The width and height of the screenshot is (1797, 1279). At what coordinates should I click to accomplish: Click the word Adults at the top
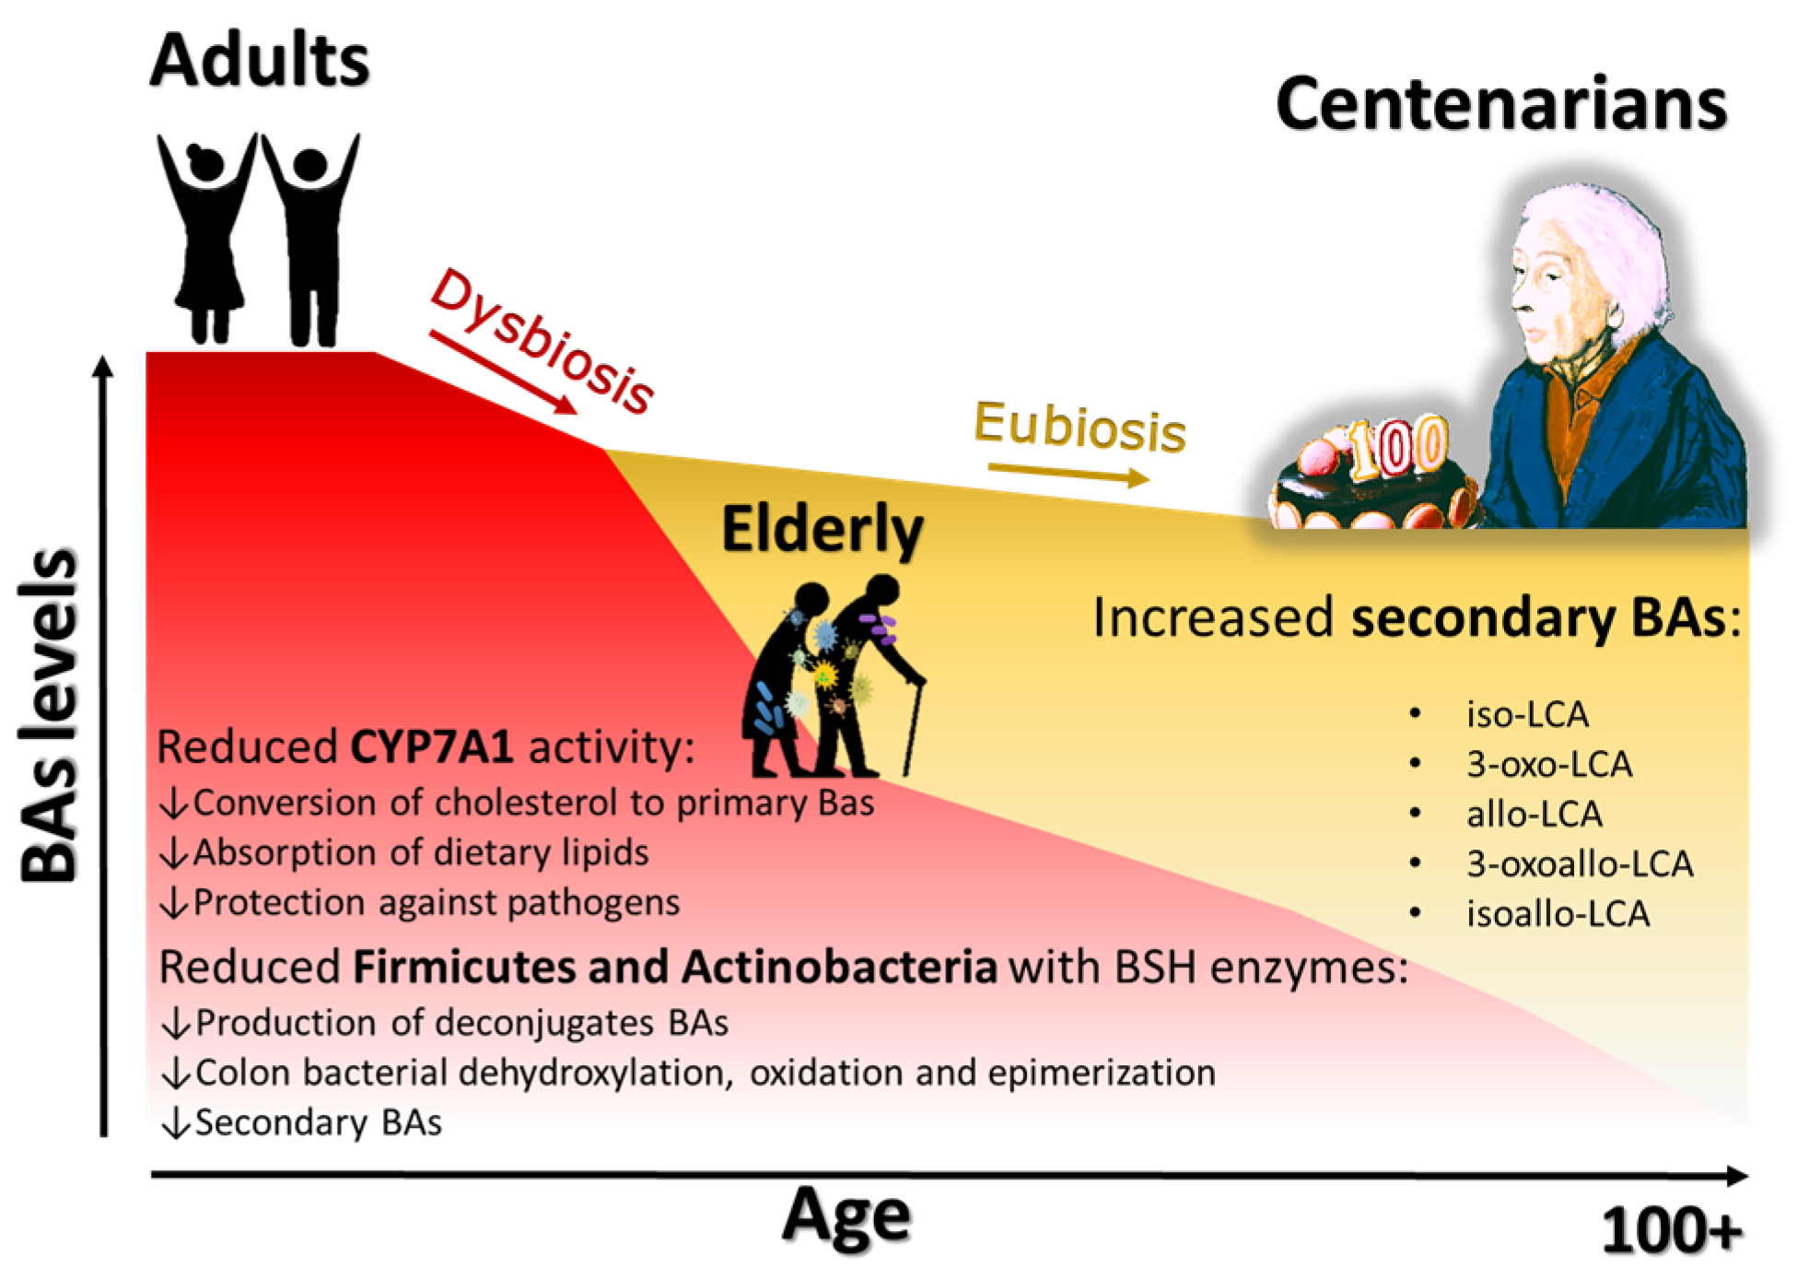pyautogui.click(x=260, y=61)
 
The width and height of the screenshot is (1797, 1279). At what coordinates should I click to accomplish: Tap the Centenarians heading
pyautogui.click(x=1500, y=104)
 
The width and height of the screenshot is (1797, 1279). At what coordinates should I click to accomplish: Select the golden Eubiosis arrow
pyautogui.click(x=1068, y=473)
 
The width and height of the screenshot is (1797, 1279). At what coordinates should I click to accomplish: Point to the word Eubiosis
pyautogui.click(x=1079, y=428)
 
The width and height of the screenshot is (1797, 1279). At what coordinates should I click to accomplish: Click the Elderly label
pyautogui.click(x=822, y=531)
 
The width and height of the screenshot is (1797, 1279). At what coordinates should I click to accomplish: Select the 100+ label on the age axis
pyautogui.click(x=1673, y=1231)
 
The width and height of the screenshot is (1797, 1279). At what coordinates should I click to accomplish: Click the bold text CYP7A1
pyautogui.click(x=432, y=745)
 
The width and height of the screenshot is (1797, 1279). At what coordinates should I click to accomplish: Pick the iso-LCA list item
pyautogui.click(x=1527, y=714)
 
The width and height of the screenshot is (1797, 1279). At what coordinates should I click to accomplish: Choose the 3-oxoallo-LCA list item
pyautogui.click(x=1580, y=863)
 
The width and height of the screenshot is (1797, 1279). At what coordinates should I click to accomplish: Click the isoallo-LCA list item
pyautogui.click(x=1558, y=913)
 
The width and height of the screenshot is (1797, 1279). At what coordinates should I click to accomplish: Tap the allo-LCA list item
pyautogui.click(x=1534, y=814)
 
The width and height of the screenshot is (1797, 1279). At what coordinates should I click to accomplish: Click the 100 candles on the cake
pyautogui.click(x=1398, y=447)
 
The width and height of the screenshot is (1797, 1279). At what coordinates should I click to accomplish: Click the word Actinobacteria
pyautogui.click(x=839, y=967)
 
